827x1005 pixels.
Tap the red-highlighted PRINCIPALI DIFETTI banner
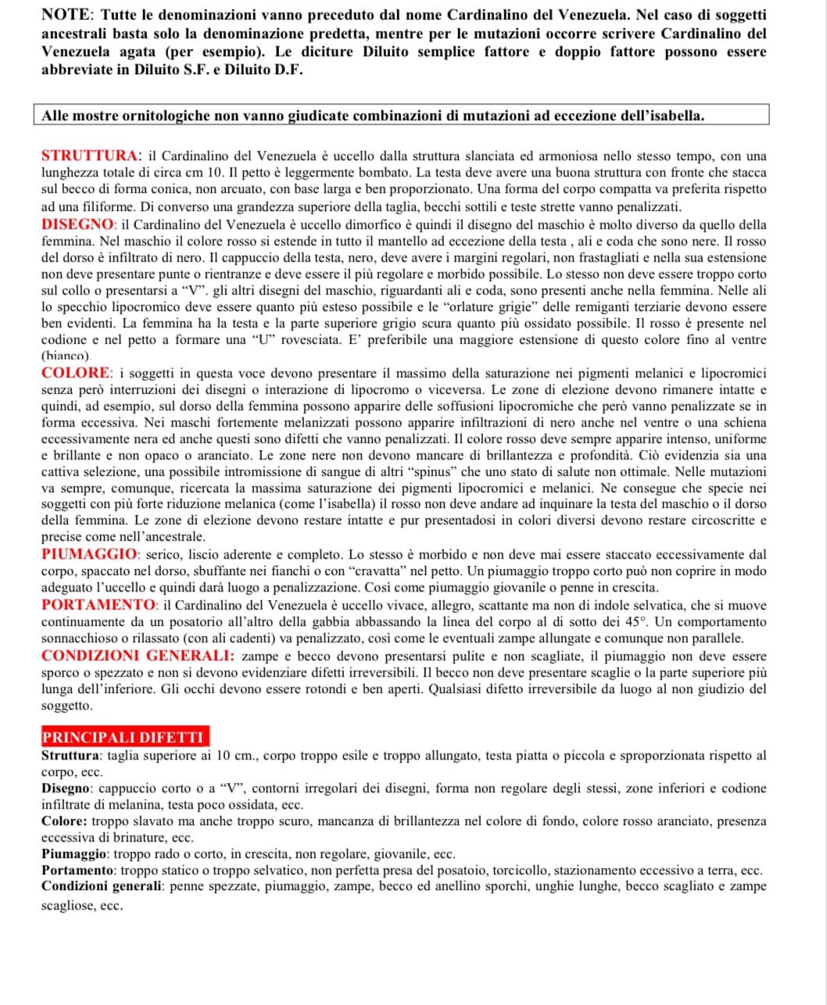tap(124, 737)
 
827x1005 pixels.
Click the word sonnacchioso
tap(77, 638)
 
